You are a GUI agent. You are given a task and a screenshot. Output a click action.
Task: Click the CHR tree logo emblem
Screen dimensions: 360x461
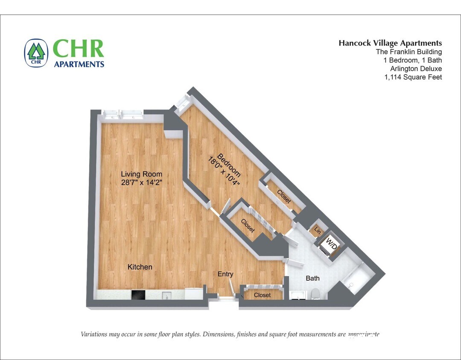coord(36,53)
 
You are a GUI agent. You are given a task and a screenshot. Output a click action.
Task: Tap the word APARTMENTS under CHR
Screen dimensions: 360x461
coord(79,64)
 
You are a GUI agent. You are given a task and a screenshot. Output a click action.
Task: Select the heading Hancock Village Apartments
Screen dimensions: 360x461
coord(390,43)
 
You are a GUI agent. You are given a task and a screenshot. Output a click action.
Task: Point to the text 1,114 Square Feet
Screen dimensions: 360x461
coord(413,77)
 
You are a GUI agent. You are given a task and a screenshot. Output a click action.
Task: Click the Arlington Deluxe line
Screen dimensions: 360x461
coord(416,69)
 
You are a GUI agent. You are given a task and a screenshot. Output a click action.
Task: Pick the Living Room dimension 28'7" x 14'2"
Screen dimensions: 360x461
coord(141,182)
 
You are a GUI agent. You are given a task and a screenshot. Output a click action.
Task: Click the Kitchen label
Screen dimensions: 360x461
coord(140,267)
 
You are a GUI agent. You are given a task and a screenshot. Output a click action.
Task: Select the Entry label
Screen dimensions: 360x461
coord(225,274)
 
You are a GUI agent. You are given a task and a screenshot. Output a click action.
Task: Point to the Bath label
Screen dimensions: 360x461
coord(312,278)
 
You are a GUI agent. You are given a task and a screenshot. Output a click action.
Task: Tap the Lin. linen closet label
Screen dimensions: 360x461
coord(318,231)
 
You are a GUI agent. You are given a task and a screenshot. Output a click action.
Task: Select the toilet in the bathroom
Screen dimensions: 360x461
coord(315,293)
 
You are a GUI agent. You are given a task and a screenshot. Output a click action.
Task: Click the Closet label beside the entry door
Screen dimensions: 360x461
coord(262,295)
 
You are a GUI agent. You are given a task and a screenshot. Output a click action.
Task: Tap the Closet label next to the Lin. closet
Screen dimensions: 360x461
coord(284,196)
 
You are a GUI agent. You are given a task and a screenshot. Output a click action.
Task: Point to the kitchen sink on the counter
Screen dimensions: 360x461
coord(166,295)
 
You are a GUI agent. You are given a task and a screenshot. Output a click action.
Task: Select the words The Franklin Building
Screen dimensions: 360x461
coord(408,52)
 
